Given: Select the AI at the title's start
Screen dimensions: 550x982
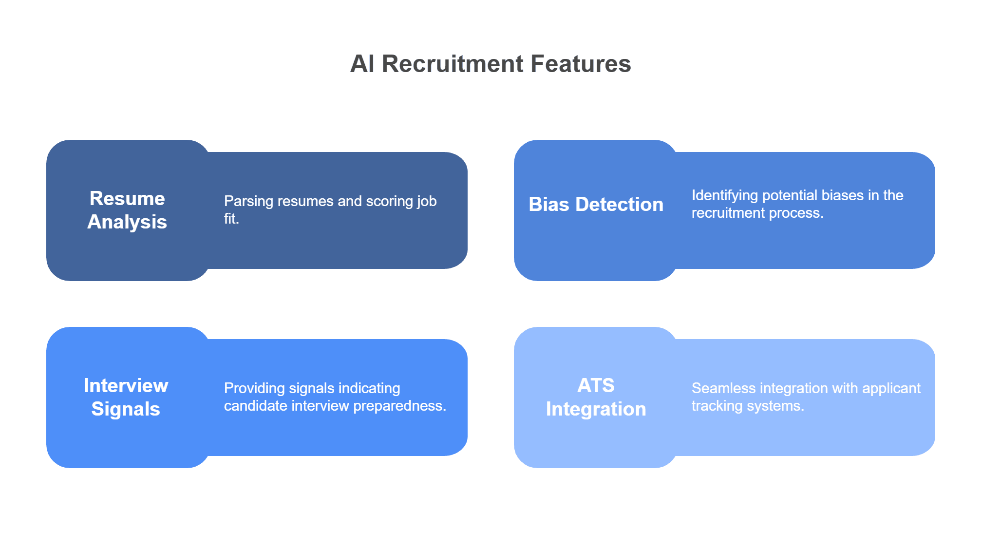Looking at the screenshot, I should click(362, 64).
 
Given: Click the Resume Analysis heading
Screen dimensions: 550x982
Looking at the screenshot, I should click(127, 210).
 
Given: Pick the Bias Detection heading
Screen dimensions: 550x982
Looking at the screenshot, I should click(596, 205).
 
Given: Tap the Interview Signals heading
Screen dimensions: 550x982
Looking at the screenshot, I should click(126, 397).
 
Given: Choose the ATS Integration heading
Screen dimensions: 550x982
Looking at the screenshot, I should click(596, 397).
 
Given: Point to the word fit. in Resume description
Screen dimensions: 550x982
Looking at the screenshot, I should click(231, 219).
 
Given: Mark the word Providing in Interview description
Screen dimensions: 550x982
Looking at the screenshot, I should click(254, 388).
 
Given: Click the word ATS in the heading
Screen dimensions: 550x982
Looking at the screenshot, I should click(596, 385).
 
